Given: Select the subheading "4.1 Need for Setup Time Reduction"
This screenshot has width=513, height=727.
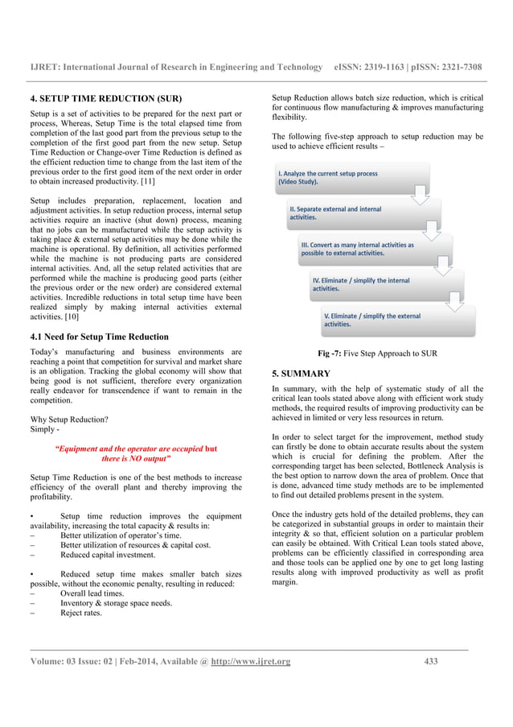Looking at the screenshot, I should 99,337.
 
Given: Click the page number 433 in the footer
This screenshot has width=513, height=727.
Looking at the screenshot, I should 430,662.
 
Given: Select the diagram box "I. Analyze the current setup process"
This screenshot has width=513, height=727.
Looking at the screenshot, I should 338,178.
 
